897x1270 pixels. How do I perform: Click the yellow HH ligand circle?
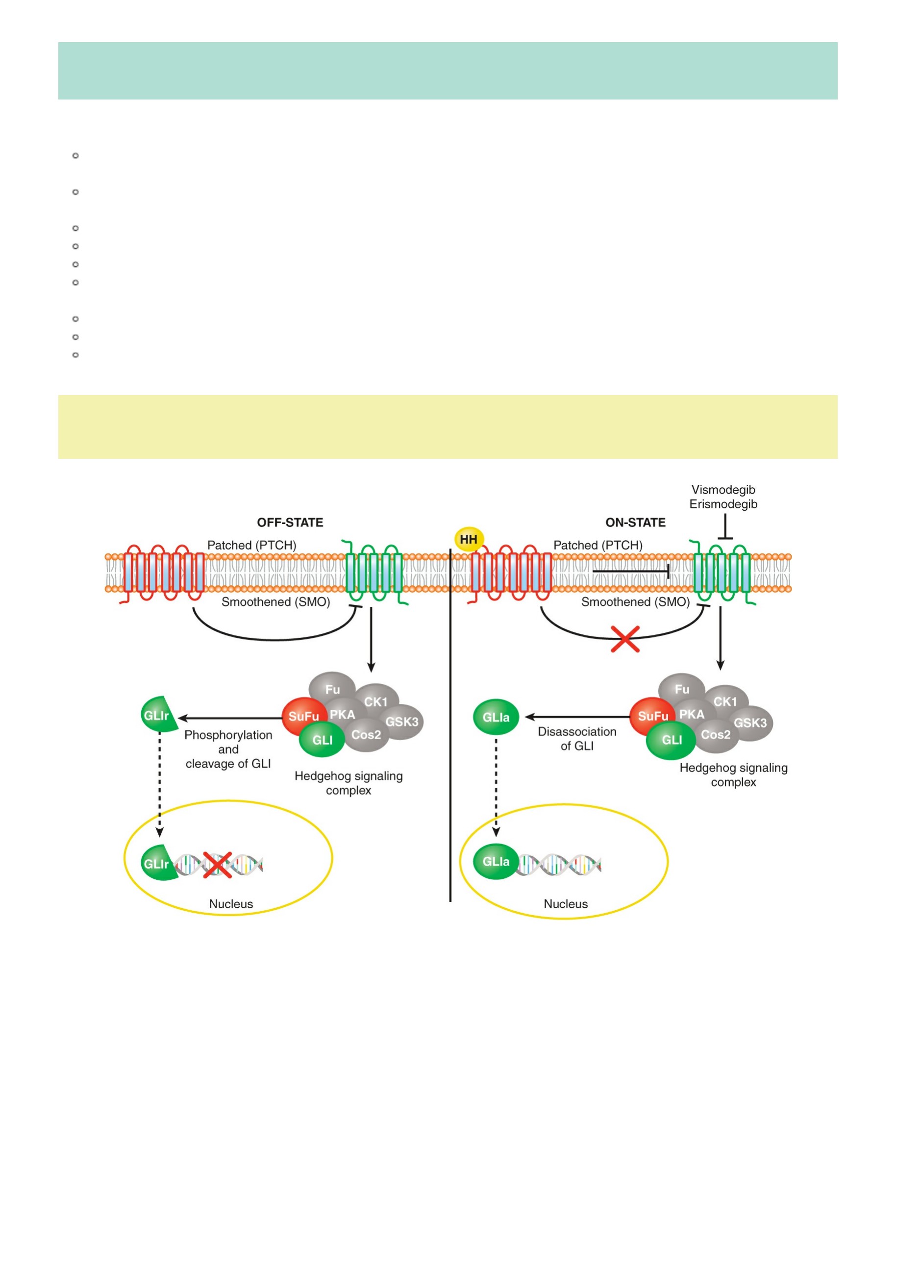(469, 539)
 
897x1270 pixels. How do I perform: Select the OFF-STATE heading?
(290, 523)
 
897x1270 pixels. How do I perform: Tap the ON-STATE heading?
(635, 523)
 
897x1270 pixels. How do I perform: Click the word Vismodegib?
(723, 490)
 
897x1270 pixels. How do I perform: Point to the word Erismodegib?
(723, 504)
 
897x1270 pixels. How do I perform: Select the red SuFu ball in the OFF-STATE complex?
(303, 716)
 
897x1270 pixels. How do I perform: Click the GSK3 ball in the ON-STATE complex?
(750, 723)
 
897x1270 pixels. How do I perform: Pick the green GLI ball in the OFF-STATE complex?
(322, 740)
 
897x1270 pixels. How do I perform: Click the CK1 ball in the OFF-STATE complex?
(376, 701)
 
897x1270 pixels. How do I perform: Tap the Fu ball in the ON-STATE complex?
(682, 690)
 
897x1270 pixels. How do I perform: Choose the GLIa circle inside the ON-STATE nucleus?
(496, 862)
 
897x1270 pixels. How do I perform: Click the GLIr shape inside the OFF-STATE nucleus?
(159, 863)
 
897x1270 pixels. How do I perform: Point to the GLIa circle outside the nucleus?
(496, 718)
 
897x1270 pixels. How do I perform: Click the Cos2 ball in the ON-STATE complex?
(716, 735)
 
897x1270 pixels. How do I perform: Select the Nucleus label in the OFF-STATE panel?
(230, 904)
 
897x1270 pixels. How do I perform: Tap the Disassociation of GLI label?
(577, 739)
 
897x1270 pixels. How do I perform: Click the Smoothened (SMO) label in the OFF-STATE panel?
(275, 602)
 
